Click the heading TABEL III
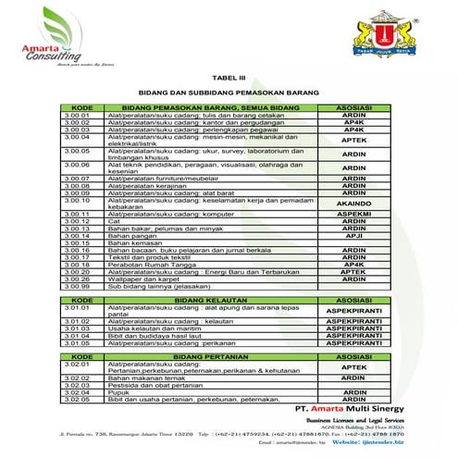click(x=228, y=80)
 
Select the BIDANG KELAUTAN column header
click(x=201, y=301)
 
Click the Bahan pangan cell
click(x=130, y=236)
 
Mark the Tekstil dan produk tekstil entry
click(x=148, y=257)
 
